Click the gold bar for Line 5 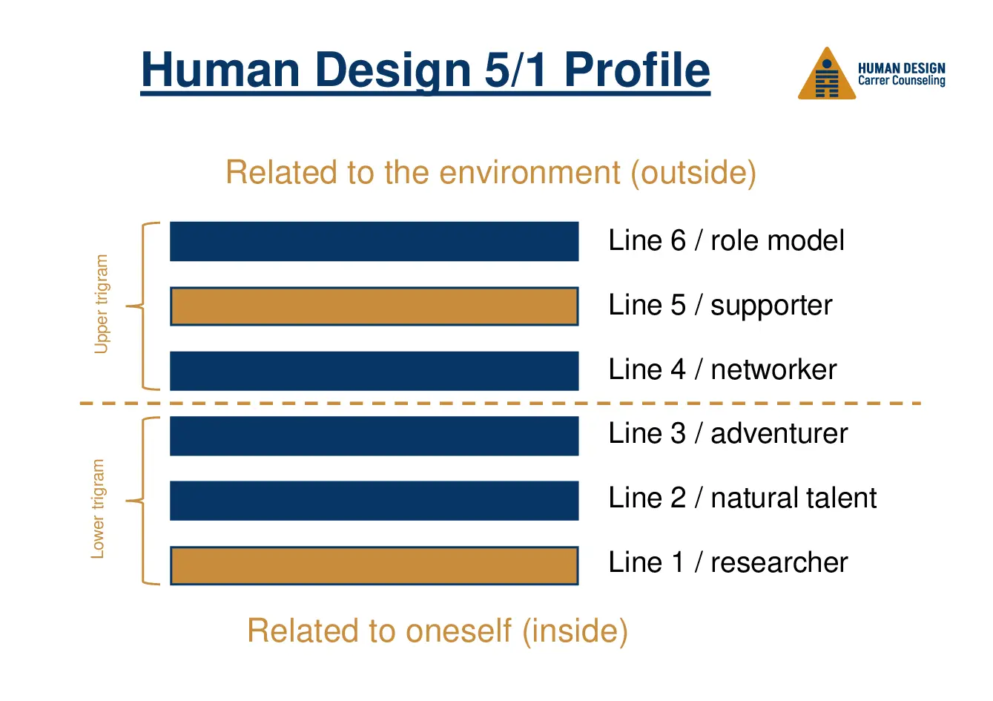tap(374, 306)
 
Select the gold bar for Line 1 tap(374, 566)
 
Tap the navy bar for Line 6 tap(374, 241)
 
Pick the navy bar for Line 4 tap(374, 371)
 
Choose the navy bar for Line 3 tap(374, 436)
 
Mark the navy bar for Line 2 tap(374, 501)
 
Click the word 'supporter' tap(771, 306)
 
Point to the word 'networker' tap(773, 369)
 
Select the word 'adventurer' tap(779, 434)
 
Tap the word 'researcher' tap(779, 563)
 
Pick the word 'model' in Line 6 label tap(810, 240)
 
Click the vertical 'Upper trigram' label tap(102, 304)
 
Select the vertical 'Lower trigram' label tap(98, 509)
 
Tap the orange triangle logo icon tap(826, 76)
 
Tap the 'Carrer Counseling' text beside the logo tap(901, 81)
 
